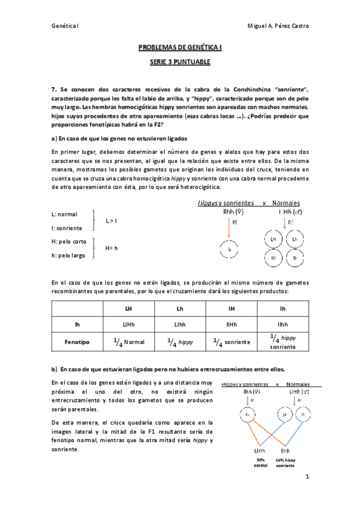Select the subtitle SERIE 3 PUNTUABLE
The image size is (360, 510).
coord(180,62)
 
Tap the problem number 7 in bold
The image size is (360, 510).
coord(53,88)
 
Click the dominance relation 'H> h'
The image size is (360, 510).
coord(112,248)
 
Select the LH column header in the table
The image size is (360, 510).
coord(129,308)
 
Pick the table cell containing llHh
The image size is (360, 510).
coord(231,324)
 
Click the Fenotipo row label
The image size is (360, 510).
coord(77,342)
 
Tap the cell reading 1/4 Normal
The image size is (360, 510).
coord(129,342)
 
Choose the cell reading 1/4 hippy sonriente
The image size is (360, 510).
coord(282,342)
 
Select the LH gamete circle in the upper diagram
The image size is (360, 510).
coord(273,239)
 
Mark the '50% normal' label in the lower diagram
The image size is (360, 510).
coord(260,462)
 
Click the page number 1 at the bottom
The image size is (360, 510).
coord(307,477)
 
